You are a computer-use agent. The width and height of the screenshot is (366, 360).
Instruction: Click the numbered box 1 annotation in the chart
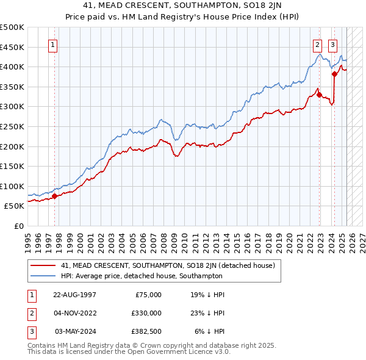coord(54,45)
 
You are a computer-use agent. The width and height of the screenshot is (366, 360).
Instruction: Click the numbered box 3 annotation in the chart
coord(333,45)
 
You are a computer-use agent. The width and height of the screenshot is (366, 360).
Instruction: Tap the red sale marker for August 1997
coord(54,196)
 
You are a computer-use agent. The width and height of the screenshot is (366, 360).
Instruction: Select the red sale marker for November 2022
coord(319,95)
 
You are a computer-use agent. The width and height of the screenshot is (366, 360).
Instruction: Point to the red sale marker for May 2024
coord(334,74)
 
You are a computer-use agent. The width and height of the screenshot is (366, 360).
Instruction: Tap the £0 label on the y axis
coord(19,226)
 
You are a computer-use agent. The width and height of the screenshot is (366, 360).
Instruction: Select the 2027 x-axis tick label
coord(360,237)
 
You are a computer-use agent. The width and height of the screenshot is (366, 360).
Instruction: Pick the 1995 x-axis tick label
coord(27,237)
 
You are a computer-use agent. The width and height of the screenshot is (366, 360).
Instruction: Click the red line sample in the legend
coord(42,265)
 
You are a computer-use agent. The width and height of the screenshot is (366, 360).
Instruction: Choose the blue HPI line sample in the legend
coord(42,276)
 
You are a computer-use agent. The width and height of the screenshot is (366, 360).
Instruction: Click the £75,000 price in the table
coord(148,294)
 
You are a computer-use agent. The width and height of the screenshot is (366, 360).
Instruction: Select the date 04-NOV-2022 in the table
coord(75,313)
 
